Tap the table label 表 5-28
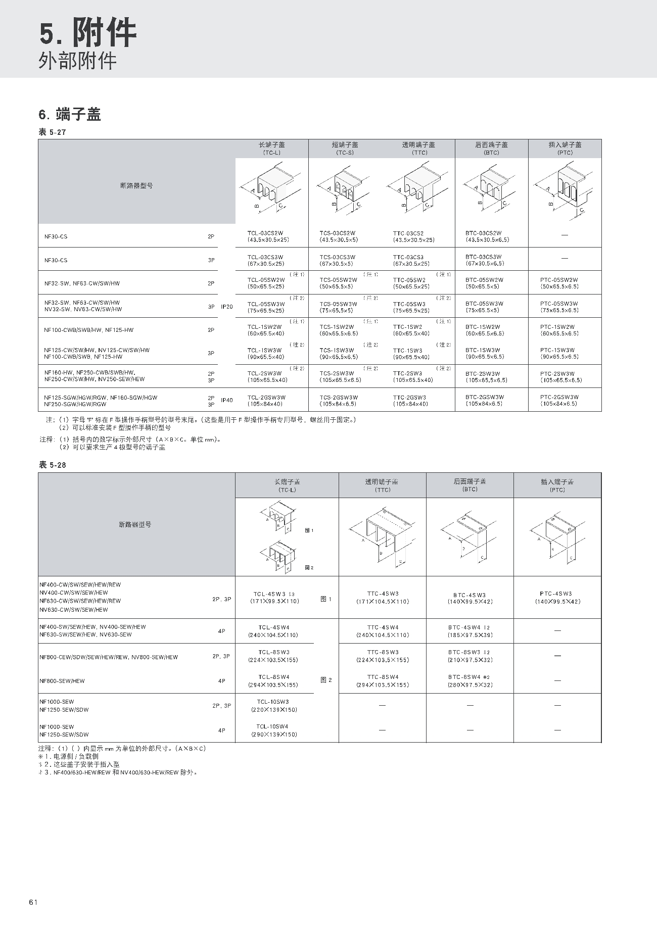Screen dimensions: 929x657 tap(53, 465)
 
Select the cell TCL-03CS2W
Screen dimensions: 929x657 tap(265, 233)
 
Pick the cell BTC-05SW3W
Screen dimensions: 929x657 tap(483, 304)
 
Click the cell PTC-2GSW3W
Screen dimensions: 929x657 tap(559, 397)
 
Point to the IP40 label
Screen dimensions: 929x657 tap(227, 400)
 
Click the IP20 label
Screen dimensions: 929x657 tap(227, 307)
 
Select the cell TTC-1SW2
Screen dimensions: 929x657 tap(407, 327)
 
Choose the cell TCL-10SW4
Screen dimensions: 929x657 tap(273, 726)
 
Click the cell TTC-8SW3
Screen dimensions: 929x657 tap(383, 652)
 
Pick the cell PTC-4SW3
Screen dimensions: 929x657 tap(556, 594)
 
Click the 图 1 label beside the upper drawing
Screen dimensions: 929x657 tap(309, 530)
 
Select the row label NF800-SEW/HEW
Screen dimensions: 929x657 tap(62, 681)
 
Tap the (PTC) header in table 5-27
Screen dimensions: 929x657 tap(565, 153)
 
